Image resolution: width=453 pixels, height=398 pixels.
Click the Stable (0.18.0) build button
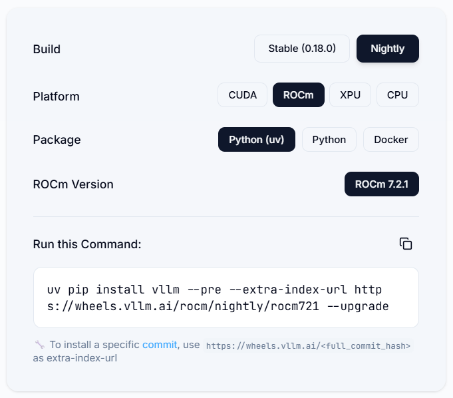coord(302,49)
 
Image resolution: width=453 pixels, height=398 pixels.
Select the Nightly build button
coord(388,49)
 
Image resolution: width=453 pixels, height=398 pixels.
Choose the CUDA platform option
coord(242,95)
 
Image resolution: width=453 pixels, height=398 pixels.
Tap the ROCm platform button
coord(299,95)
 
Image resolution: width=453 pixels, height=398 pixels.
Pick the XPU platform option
coord(350,95)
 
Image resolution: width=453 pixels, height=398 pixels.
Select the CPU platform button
coord(398,95)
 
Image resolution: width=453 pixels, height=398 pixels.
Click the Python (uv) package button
coord(257,140)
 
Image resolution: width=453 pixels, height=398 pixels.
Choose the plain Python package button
coord(329,140)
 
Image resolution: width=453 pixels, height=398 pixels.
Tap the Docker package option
coord(391,140)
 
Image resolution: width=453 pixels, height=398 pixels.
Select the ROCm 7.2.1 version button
coord(382,184)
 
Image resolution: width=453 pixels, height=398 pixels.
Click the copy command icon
coord(406,244)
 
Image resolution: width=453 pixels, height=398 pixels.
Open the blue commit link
coord(160,345)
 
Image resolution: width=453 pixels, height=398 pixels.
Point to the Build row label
coord(47,49)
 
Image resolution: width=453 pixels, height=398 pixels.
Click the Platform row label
coord(57,97)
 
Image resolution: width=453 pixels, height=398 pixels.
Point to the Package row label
coord(57,140)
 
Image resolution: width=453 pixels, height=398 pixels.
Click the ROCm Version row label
coord(73,184)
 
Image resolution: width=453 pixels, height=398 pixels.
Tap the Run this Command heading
coord(87,244)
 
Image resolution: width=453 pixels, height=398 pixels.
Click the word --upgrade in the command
coord(358,306)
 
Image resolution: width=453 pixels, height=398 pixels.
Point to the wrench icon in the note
coord(40,344)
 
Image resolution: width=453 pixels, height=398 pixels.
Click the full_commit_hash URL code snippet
coord(308,345)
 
